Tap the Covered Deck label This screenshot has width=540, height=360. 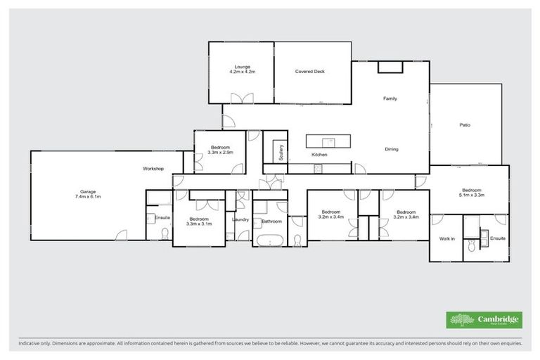click(309, 72)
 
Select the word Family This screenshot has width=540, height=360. click(390, 98)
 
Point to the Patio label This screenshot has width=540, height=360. click(465, 125)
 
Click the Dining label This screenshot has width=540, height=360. click(392, 149)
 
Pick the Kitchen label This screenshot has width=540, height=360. click(320, 155)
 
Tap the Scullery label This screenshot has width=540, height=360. click(281, 153)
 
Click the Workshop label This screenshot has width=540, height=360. click(153, 169)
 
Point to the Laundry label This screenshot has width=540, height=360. click(240, 219)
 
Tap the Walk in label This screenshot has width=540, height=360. click(447, 239)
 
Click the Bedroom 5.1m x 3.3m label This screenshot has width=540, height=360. click(471, 193)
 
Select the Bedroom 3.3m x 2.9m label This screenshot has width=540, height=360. click(221, 150)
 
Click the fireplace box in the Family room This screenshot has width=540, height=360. click(390, 67)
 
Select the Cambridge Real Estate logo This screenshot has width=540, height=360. click(485, 319)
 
